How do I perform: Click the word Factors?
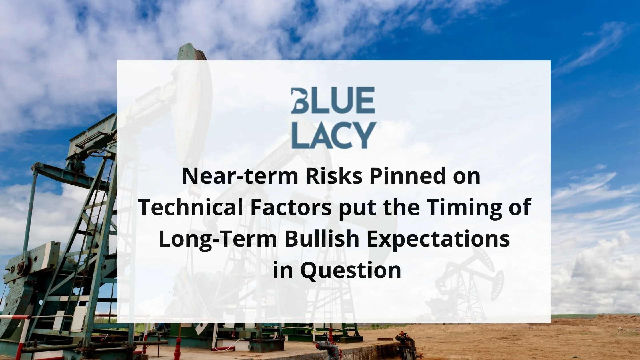(x=289, y=208)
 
